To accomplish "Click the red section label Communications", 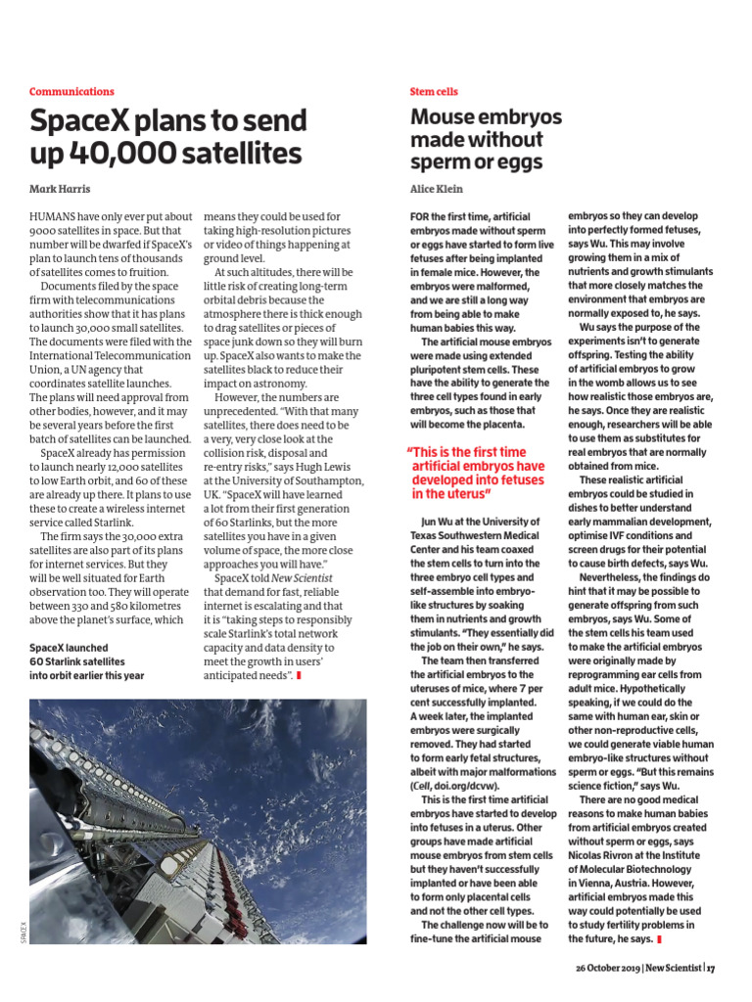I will coord(71,91).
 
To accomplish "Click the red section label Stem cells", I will coord(433,91).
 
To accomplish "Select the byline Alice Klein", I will coord(436,188).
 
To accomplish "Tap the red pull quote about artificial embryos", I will coord(479,474).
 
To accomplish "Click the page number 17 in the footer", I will coord(711,968).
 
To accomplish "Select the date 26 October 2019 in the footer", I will coord(607,968).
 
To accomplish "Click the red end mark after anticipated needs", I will coord(299,675).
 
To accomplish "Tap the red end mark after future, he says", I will coord(659,939).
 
